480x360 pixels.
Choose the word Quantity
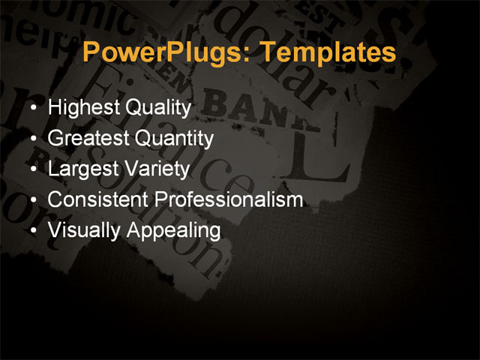click(175, 139)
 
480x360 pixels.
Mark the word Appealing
click(173, 231)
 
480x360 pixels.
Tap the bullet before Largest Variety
click(32, 169)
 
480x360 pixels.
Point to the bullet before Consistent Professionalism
click(32, 200)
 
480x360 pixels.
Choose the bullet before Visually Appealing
click(32, 231)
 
